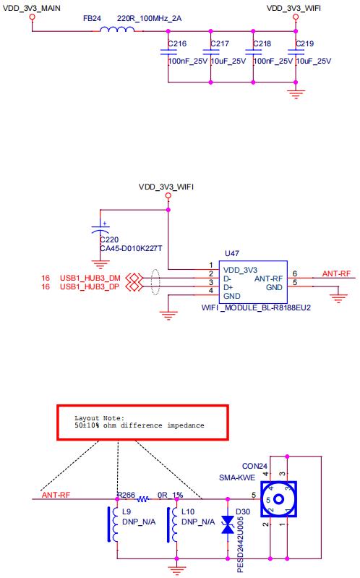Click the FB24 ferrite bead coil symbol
pos(117,29)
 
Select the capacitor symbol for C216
pos(168,52)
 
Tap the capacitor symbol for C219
pos(296,52)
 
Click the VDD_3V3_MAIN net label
pos(31,8)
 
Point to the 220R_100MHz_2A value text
pos(149,18)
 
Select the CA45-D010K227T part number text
pos(131,248)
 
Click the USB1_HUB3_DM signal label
pos(90,278)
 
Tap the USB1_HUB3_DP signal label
pos(90,286)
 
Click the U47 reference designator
pos(232,254)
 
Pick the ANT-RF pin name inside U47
pos(268,279)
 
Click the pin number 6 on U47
pos(295,273)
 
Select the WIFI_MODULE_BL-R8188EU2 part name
pos(256,307)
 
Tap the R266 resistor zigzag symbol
pos(143,499)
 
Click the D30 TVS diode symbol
pos(228,524)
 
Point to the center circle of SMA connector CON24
pos(278,499)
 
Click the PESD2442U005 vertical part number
pos(240,545)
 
